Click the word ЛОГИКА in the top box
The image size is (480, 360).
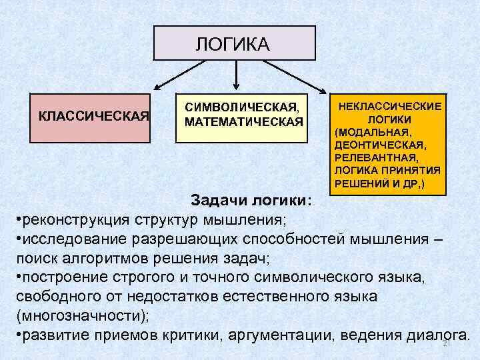[x=233, y=44]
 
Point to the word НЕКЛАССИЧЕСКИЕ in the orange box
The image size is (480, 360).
[x=390, y=107]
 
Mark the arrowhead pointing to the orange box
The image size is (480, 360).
[x=323, y=91]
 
